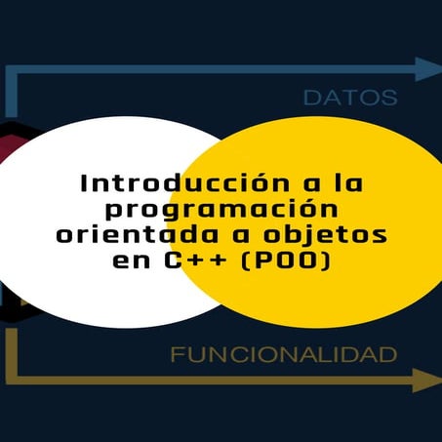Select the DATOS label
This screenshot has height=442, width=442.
point(350,98)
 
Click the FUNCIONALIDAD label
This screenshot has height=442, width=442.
point(284,354)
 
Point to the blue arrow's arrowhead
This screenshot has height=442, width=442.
point(428,69)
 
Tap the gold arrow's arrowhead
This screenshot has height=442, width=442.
point(427,380)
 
